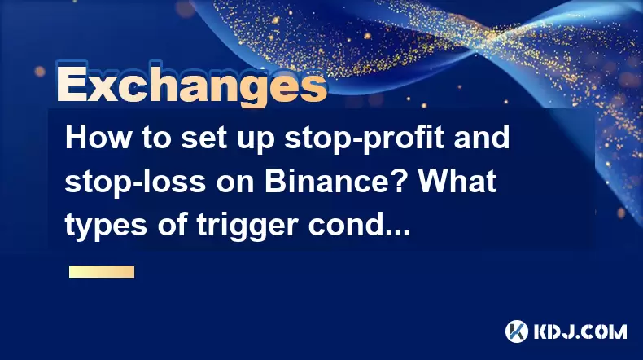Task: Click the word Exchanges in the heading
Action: pos(191,84)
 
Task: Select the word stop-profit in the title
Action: pos(364,139)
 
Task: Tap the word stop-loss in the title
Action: pos(135,182)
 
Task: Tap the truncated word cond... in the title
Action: pos(359,225)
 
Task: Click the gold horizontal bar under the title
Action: pos(102,272)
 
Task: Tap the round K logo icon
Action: pos(517,331)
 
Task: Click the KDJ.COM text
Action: pos(580,331)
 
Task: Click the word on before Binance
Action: pos(234,184)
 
